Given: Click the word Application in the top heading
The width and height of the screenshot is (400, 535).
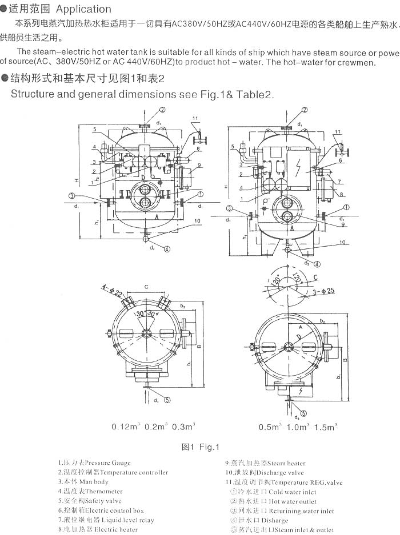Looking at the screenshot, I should (x=83, y=9).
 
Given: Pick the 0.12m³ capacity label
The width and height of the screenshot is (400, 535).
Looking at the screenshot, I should (x=125, y=427).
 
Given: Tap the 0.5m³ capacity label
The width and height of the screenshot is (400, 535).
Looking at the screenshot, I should (x=271, y=427).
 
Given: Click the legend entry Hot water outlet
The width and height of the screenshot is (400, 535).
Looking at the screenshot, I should (x=272, y=501).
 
